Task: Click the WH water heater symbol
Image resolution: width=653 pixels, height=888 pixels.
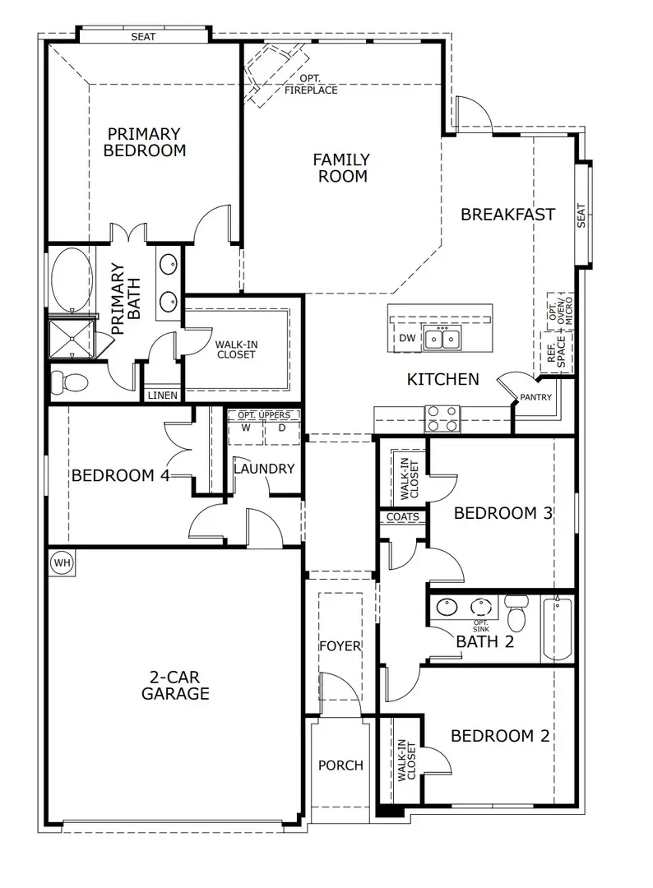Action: [x=61, y=563]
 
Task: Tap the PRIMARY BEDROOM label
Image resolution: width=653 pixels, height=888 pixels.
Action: [x=145, y=141]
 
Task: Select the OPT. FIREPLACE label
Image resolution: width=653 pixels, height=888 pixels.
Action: [x=311, y=85]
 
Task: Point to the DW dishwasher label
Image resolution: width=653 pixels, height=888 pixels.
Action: [x=407, y=339]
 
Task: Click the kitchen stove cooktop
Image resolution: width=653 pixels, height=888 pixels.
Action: [x=442, y=419]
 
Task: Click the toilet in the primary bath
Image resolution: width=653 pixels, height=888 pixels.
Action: [x=70, y=382]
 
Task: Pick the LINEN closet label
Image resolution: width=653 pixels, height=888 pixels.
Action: [x=162, y=395]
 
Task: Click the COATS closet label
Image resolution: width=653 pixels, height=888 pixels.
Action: [x=403, y=517]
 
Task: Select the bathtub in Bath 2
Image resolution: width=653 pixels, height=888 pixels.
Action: [x=558, y=629]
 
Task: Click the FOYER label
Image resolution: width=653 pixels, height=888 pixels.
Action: [x=340, y=646]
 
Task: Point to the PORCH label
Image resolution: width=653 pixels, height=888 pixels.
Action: [x=340, y=765]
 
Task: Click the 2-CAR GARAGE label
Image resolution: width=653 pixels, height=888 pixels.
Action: [x=175, y=685]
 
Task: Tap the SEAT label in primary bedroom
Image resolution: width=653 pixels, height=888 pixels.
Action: [x=143, y=37]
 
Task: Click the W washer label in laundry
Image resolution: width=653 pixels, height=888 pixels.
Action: [x=245, y=428]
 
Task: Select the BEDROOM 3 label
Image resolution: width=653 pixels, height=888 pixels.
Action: [x=502, y=513]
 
